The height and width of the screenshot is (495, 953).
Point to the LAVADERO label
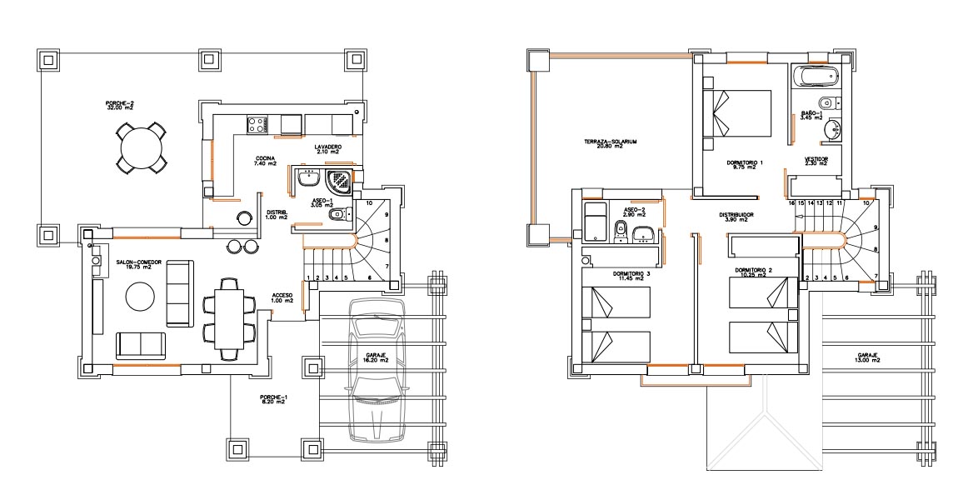point(327,148)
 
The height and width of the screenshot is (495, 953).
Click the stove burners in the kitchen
point(257,124)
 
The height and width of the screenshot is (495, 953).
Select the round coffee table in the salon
point(138,297)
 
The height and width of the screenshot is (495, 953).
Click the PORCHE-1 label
point(272,399)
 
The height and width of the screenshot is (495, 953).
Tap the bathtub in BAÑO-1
point(815,77)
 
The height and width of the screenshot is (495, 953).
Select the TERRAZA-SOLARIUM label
point(611,143)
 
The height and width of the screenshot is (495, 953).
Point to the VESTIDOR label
point(816,161)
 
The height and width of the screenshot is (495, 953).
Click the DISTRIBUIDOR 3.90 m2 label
point(736,217)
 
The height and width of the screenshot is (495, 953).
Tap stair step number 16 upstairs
point(791,202)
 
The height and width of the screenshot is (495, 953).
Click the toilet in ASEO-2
point(620,231)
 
